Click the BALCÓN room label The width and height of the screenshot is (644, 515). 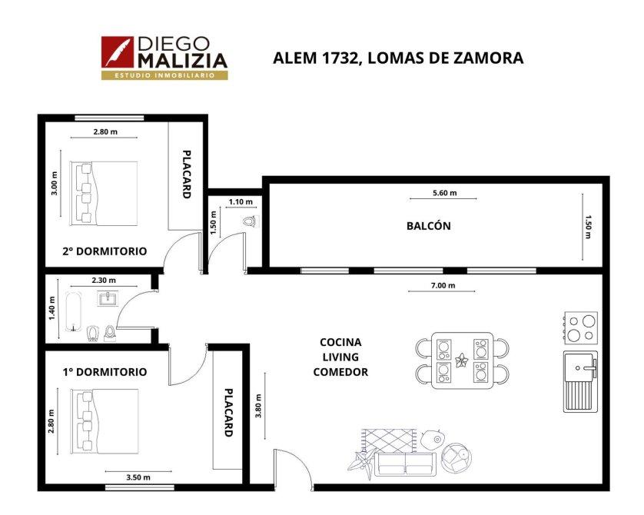click(428, 225)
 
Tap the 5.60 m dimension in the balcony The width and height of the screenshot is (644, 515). click(444, 193)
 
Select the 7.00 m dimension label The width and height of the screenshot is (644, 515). click(443, 285)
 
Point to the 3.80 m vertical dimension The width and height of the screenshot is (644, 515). click(258, 406)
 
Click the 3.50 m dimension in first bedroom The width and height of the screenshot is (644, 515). click(138, 477)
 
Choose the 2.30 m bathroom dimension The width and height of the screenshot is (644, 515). click(104, 280)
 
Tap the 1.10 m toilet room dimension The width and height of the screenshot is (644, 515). click(241, 201)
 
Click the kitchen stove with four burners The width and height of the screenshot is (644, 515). click(580, 327)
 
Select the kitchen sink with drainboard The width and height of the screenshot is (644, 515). click(580, 381)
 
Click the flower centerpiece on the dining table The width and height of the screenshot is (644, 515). click(462, 360)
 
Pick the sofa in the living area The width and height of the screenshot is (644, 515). click(405, 463)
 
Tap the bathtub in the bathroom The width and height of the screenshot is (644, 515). click(74, 312)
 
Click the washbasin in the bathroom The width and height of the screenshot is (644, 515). click(108, 298)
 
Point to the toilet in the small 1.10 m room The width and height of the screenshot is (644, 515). click(250, 221)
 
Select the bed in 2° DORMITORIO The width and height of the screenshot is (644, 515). click(104, 193)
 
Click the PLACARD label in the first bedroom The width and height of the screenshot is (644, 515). click(229, 413)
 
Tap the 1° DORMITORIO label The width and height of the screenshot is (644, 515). click(105, 372)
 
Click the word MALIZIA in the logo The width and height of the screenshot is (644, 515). click(183, 61)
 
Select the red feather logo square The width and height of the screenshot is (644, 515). click(118, 51)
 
